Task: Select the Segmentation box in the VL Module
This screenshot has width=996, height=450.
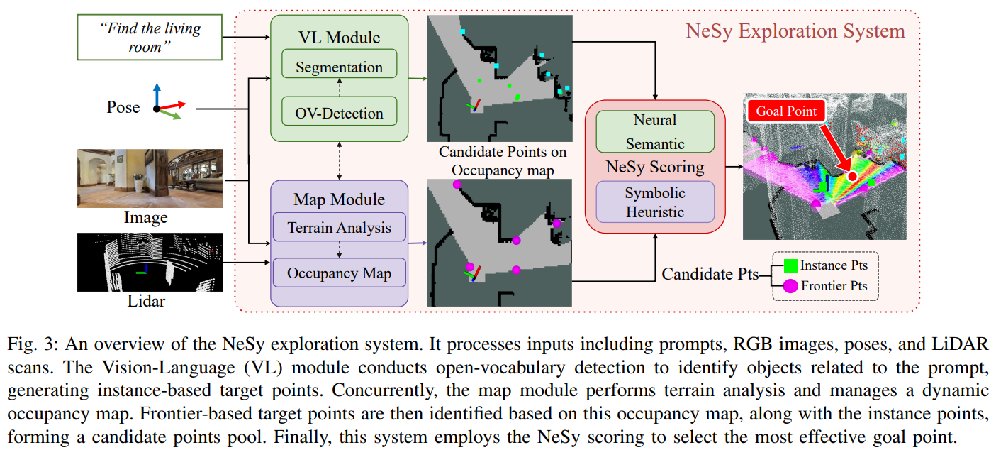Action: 339,67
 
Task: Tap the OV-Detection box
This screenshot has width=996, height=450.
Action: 339,113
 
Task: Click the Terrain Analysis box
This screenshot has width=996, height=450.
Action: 339,229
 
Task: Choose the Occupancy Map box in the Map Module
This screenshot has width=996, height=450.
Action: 339,273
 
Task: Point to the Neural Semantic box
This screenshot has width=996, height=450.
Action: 655,131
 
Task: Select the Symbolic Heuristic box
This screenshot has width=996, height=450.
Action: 655,202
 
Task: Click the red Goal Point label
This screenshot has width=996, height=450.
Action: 785,111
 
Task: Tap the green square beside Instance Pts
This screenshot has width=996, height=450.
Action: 791,265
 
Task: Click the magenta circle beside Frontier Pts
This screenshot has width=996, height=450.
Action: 791,287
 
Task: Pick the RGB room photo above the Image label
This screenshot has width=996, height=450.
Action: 150,177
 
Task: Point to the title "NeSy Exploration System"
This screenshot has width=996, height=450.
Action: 795,31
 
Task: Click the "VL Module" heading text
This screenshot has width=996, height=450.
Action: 339,38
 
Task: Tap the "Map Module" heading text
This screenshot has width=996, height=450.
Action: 339,199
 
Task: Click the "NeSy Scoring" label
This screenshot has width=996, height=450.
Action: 655,168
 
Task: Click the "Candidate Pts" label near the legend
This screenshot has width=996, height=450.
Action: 710,274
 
